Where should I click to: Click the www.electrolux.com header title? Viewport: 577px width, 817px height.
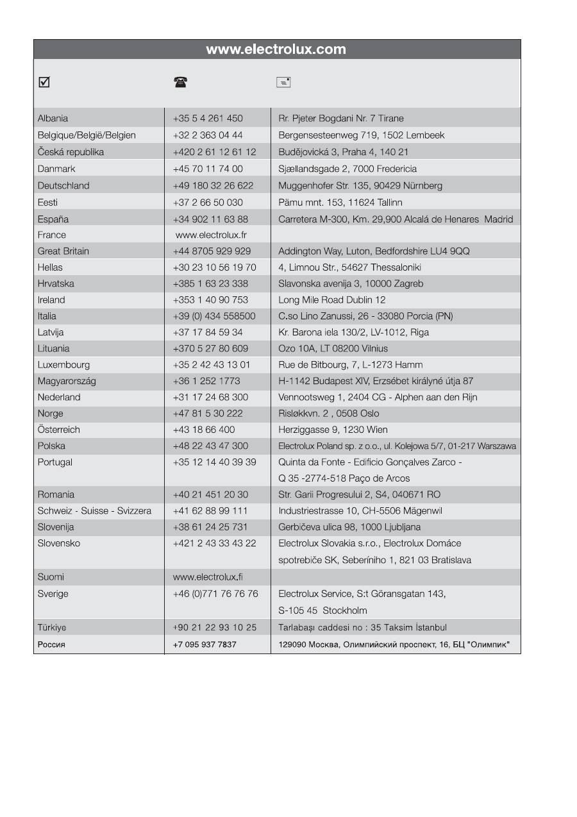tap(276, 49)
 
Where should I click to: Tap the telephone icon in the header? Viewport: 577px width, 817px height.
tap(180, 82)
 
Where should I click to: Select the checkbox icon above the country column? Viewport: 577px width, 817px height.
tap(44, 82)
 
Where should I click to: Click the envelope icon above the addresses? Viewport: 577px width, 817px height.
tap(283, 82)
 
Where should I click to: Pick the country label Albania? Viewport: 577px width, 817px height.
tap(53, 119)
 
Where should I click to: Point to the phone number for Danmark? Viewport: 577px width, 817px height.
tap(208, 169)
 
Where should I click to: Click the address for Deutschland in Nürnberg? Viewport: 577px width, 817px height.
tap(360, 186)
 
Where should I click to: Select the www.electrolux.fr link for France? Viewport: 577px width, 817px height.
tap(211, 235)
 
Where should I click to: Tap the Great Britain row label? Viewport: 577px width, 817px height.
tap(63, 251)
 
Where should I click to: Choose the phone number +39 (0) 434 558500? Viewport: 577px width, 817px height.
tap(214, 316)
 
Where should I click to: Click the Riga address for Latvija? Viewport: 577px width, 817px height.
tap(353, 332)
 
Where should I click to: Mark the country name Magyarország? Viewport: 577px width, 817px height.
tap(67, 381)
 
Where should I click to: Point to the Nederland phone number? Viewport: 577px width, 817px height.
tap(210, 398)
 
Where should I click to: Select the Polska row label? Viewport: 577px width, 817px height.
tap(51, 446)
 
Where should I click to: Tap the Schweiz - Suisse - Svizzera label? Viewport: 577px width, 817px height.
tap(94, 511)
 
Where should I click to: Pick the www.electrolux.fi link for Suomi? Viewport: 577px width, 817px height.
tap(208, 577)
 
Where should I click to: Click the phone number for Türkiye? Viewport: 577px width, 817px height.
tap(214, 627)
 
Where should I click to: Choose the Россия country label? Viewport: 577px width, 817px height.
tap(51, 644)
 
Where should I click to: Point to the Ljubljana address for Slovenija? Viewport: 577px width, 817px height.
tap(349, 527)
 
